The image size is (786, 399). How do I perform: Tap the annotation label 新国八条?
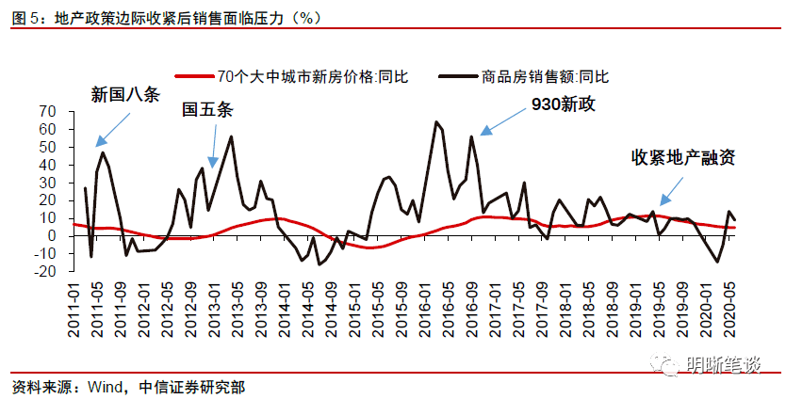124,94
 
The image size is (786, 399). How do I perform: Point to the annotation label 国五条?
206,110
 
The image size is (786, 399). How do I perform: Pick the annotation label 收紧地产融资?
682,157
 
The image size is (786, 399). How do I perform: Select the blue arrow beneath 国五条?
213,147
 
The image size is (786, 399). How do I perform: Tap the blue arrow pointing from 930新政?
500,120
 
